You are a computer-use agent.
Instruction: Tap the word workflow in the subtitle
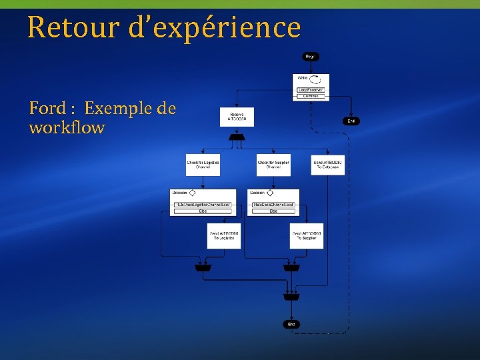(x=67, y=127)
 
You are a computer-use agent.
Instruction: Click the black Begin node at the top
(x=310, y=57)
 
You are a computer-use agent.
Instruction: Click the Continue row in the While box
(x=311, y=96)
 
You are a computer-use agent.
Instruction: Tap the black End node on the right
(x=351, y=121)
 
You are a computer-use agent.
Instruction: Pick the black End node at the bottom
(x=291, y=324)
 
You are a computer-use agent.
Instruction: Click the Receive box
(x=237, y=117)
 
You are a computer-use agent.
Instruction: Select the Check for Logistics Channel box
(x=203, y=165)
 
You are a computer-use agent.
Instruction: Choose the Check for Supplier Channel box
(x=274, y=165)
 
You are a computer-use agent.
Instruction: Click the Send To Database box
(x=327, y=165)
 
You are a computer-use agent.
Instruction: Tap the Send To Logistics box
(x=224, y=236)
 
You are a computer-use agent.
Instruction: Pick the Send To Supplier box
(x=307, y=236)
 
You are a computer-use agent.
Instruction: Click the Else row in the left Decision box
(x=203, y=211)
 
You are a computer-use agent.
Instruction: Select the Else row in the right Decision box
(x=273, y=211)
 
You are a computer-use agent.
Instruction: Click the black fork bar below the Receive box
(x=237, y=137)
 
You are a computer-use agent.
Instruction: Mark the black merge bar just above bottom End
(x=291, y=297)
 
